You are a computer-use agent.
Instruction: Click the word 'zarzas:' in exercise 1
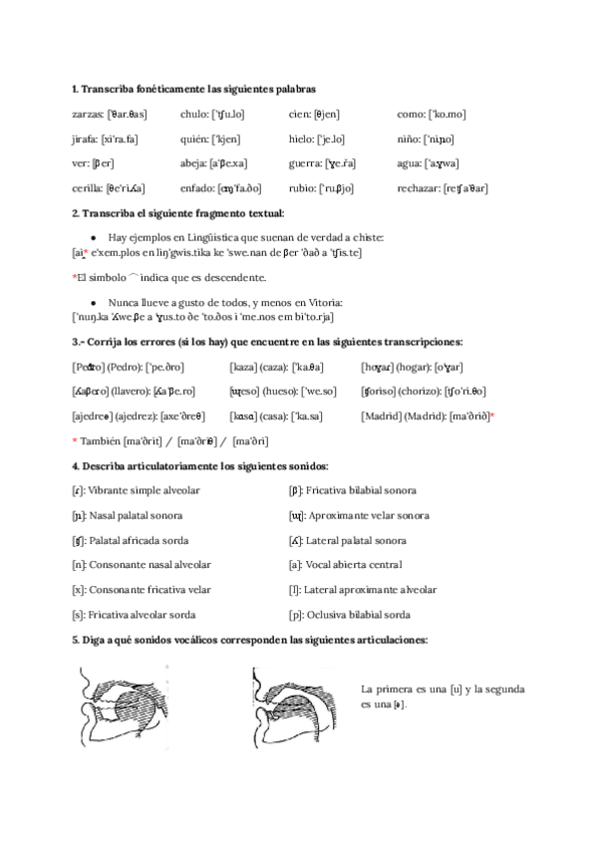pyautogui.click(x=88, y=115)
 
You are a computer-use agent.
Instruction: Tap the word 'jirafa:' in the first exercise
pyautogui.click(x=86, y=139)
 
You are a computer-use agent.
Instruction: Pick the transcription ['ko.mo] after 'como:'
pyautogui.click(x=445, y=115)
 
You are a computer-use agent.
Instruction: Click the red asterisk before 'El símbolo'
pyautogui.click(x=75, y=276)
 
